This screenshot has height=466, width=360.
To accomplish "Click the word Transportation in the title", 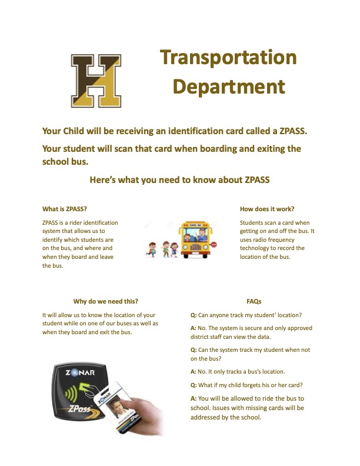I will pyautogui.click(x=228, y=58).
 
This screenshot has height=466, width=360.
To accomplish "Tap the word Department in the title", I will pyautogui.click(x=228, y=87).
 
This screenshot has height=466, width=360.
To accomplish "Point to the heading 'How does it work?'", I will pyautogui.click(x=267, y=209).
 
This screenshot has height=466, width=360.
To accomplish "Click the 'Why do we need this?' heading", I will pyautogui.click(x=106, y=301).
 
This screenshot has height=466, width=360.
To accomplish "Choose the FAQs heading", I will pyautogui.click(x=254, y=301).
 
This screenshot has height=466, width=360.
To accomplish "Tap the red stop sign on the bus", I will pyautogui.click(x=213, y=245).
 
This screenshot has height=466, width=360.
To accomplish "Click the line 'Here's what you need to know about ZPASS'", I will pyautogui.click(x=179, y=180).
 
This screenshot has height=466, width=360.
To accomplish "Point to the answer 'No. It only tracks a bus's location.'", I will pyautogui.click(x=246, y=372).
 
